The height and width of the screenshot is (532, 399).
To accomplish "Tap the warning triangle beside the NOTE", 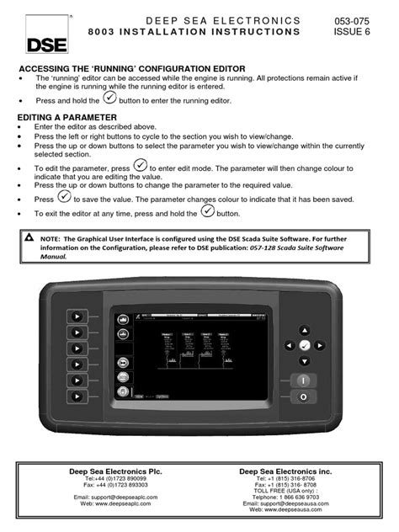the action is [x=29, y=241].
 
